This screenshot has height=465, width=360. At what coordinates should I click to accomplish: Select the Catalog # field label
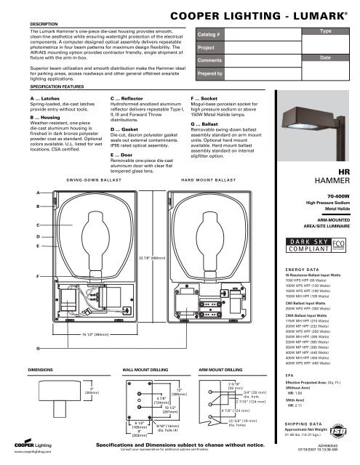click(210, 33)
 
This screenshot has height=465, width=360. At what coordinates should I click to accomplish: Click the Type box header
click(325, 33)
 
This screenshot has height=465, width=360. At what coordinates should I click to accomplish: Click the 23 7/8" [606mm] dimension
click(149, 258)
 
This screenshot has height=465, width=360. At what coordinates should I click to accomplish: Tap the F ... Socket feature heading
click(207, 97)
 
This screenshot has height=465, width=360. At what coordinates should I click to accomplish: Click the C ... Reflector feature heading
click(129, 97)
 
